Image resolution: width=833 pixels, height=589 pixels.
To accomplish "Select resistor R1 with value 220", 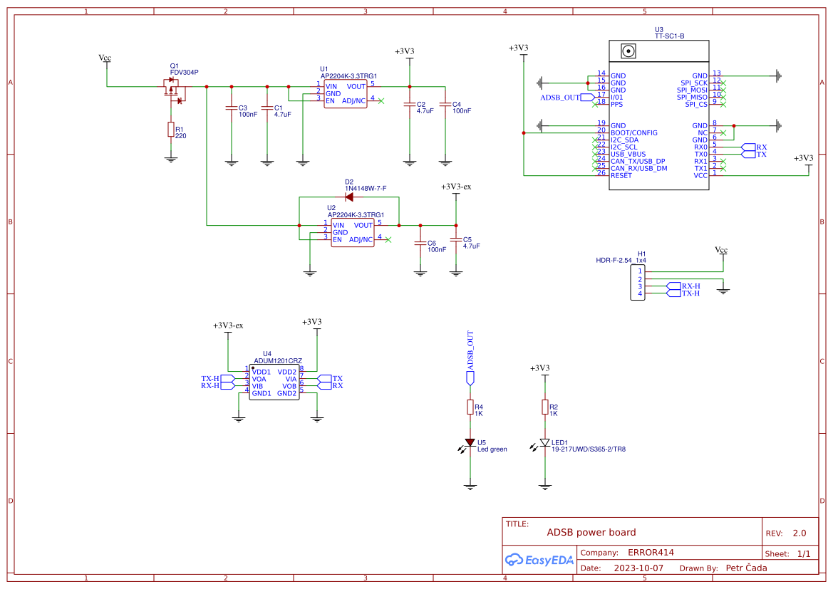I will (171, 129).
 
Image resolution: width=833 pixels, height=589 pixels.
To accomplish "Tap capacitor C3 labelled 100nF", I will (231, 109).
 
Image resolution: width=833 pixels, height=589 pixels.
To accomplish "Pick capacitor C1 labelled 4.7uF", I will (267, 109).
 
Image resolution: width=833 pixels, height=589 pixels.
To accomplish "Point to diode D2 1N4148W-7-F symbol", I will (349, 197).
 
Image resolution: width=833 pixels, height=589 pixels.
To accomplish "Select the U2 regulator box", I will (352, 232).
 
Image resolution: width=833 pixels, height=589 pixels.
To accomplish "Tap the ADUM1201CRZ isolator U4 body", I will (274, 382).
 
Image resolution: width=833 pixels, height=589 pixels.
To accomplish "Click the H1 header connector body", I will (640, 282).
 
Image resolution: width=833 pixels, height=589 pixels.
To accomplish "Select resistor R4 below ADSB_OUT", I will (470, 407).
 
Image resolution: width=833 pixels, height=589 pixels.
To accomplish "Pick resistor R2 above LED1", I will (545, 407).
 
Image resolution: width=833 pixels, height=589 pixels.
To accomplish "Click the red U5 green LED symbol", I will (470, 443).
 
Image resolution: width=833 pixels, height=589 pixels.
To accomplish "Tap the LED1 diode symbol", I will (545, 443).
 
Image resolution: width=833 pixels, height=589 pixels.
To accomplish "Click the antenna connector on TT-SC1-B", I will (628, 51).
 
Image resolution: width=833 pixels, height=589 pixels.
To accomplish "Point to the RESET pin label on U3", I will (621, 175).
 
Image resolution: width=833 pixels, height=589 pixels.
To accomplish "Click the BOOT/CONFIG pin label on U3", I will (634, 132).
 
